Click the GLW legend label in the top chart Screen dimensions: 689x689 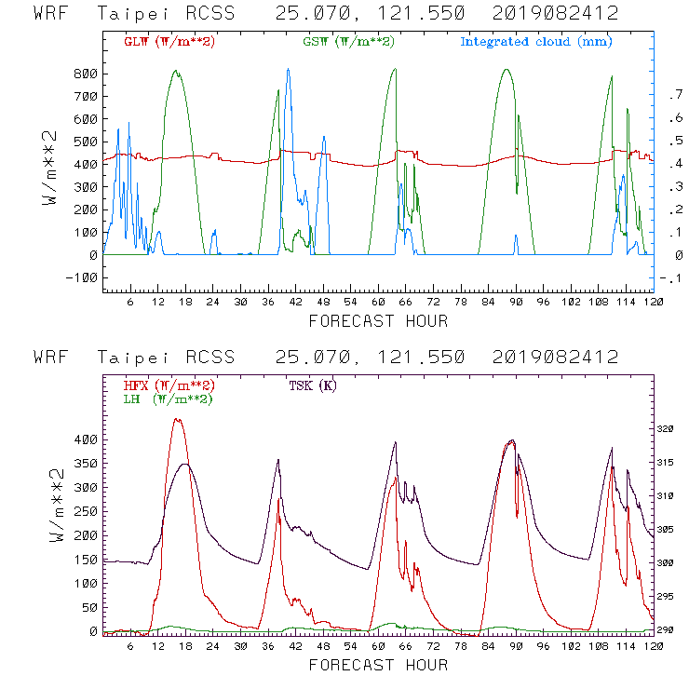pos(169,42)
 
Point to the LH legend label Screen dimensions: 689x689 pos(167,399)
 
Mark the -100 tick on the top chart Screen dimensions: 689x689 pos(82,277)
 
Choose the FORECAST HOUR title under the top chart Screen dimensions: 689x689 pos(378,322)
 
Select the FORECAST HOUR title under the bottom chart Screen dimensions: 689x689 pos(378,666)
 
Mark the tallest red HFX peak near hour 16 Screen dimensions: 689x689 pos(176,419)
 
